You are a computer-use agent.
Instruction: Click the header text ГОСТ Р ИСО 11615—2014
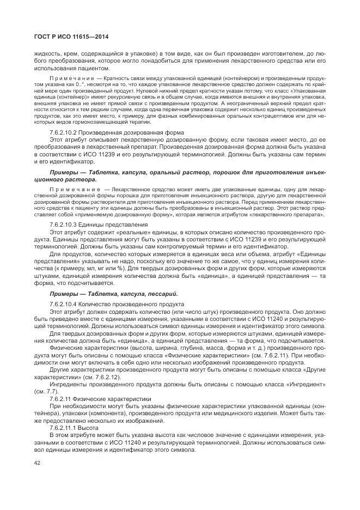(x=64, y=37)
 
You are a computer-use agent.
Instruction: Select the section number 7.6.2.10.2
(x=66, y=132)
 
